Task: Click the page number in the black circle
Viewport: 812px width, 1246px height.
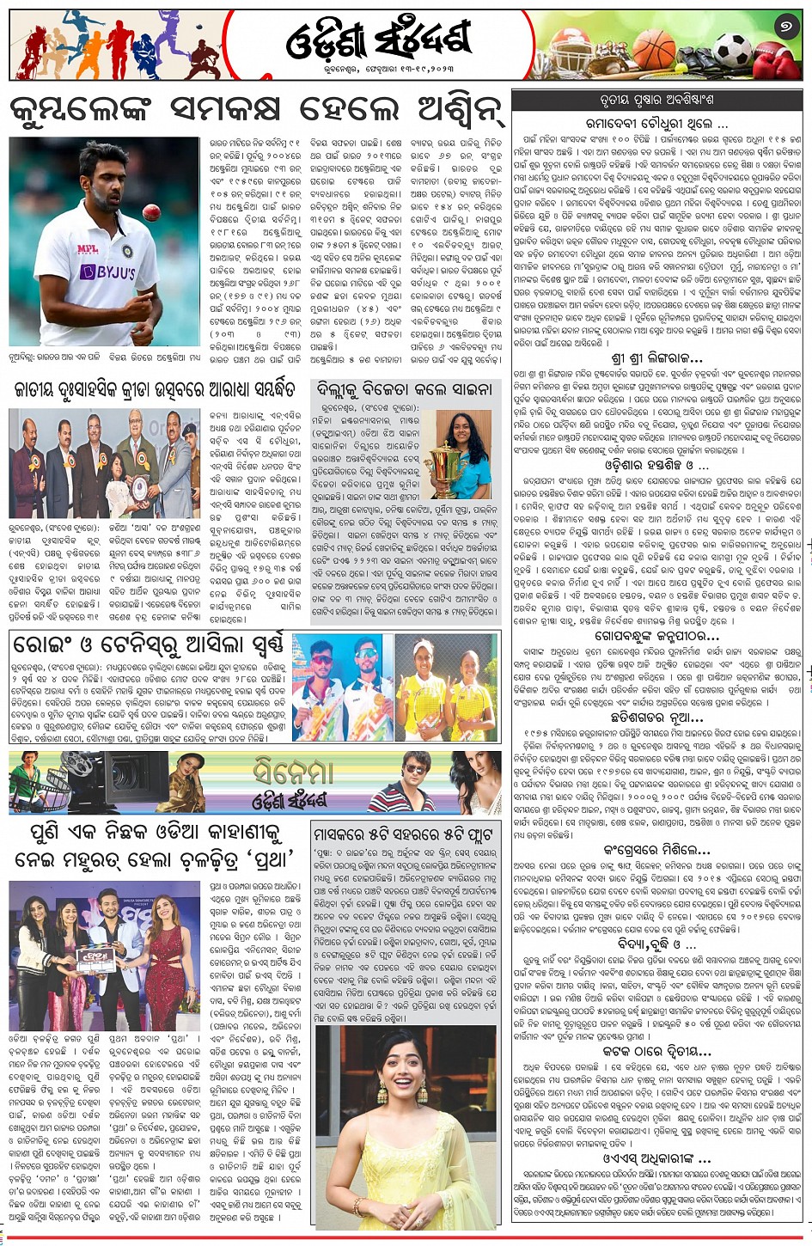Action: (785, 28)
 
